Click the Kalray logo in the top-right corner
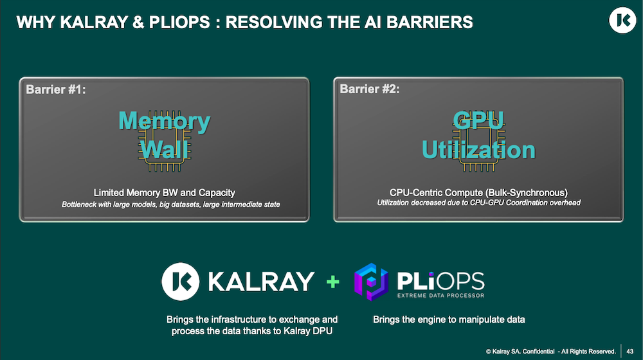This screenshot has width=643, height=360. coord(622,20)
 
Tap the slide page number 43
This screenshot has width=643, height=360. coord(630,352)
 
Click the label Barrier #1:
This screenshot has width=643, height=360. coord(56,89)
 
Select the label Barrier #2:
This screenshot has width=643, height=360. coord(370,89)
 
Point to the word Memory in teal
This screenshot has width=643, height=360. coord(165,122)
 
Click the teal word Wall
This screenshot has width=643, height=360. coord(165,149)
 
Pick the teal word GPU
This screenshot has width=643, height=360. coord(478,121)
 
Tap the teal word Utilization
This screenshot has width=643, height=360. coord(478,150)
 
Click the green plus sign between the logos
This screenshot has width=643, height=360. coord(333,282)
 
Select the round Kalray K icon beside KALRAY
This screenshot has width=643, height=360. coord(181,282)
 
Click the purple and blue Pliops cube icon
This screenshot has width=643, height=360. coord(371,282)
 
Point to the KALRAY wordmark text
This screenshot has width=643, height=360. coord(261,282)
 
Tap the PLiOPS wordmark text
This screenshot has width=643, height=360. coord(441,281)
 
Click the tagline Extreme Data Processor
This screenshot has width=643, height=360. coord(441,295)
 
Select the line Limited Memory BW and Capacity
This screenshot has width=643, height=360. coord(165,193)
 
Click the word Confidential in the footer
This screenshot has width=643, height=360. coord(538,352)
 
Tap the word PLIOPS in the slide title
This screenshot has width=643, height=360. coord(179,22)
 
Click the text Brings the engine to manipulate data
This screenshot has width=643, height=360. coord(449,319)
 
